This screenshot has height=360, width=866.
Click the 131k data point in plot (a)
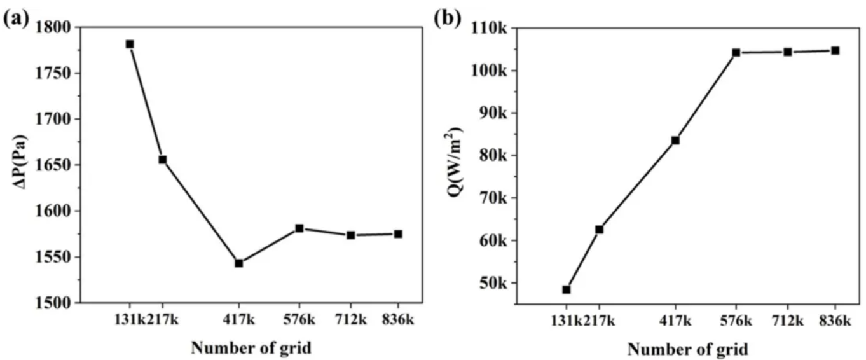coord(130,44)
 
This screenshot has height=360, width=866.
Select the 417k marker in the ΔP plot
coord(239,263)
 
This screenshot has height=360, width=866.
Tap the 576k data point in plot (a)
coord(299,228)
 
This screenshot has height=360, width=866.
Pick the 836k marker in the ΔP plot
coord(398,234)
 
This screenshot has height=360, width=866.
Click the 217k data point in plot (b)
coord(599,229)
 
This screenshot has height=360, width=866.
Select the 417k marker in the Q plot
coord(675,140)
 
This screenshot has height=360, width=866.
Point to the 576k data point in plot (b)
coord(736,52)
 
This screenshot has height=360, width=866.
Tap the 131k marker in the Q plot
coord(567,289)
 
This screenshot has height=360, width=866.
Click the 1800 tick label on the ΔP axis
coord(55,27)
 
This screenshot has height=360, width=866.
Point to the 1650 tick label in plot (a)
coord(55,165)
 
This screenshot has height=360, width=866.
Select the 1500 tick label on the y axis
coord(55,303)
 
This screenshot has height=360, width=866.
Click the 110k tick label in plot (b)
coord(489,27)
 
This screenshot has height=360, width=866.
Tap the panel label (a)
coord(17,17)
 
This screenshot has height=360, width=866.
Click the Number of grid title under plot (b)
coord(687,349)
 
